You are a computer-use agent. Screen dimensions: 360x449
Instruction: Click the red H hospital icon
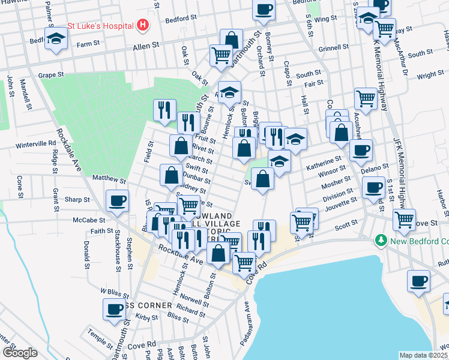tap(143, 25)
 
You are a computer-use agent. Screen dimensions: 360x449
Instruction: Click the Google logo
tap(20, 353)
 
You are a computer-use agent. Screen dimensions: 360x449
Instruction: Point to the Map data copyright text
tap(424, 355)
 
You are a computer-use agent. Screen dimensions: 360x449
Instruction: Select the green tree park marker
tap(380, 241)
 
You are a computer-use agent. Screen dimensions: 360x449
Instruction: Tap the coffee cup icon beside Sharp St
tap(118, 200)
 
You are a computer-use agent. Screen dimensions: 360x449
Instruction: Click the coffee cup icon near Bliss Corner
tap(113, 309)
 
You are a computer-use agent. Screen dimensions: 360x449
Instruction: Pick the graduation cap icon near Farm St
tap(56, 38)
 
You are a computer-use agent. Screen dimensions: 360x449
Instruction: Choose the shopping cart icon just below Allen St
tap(221, 55)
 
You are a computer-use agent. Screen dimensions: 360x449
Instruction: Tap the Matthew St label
tap(109, 179)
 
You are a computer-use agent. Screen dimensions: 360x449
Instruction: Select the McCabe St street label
tap(89, 220)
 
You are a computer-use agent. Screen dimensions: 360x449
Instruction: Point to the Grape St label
tap(51, 75)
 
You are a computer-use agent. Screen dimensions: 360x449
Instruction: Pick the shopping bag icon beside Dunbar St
tap(171, 175)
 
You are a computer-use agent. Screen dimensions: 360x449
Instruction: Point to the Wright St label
tap(430, 75)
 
